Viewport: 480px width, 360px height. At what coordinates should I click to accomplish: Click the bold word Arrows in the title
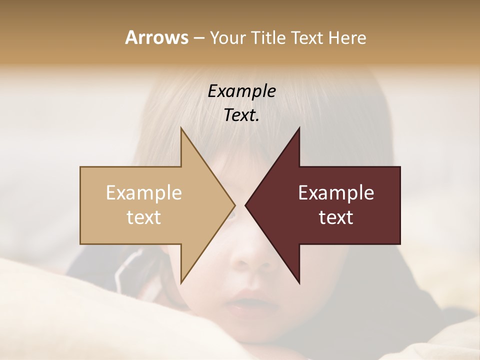click(x=156, y=38)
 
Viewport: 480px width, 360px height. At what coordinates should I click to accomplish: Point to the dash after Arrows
click(x=198, y=38)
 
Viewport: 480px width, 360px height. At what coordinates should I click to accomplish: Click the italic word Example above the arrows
click(x=242, y=91)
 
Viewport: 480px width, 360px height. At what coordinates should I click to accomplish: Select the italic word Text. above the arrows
click(x=242, y=115)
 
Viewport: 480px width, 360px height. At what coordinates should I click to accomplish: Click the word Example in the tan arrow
click(x=144, y=193)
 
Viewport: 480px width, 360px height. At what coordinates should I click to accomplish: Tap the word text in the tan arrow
click(x=144, y=217)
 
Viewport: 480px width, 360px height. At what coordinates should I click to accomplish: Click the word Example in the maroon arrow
click(x=336, y=193)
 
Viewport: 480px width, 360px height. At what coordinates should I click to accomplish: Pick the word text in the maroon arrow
click(x=336, y=217)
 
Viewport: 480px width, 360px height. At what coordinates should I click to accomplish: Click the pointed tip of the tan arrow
click(x=234, y=205)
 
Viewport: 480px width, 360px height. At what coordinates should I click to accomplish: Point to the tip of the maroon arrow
click(x=246, y=205)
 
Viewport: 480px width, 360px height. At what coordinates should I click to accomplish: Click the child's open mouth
click(x=244, y=302)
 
